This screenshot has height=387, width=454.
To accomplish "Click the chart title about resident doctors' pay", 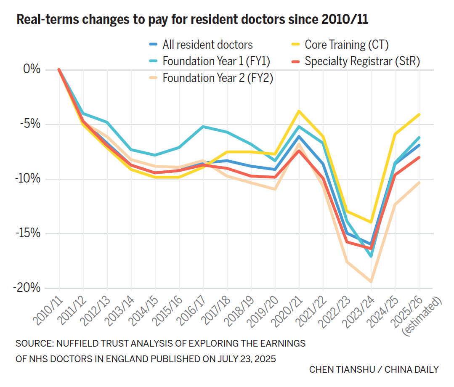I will coord(192,19).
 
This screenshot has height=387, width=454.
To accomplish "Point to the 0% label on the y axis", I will coord(32,70).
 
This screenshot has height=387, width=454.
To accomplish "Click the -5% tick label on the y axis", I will coord(30,125).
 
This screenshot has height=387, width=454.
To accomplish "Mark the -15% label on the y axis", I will coord(27,233).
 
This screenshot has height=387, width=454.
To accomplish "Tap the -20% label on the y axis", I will coord(27,288).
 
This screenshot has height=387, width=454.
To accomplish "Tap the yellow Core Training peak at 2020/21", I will coord(299,111).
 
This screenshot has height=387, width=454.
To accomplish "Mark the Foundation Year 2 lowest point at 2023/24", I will coord(371,281).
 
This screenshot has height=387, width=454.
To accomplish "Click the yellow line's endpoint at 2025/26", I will coord(419,114).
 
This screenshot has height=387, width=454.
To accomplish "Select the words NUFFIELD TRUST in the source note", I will coord(84,343).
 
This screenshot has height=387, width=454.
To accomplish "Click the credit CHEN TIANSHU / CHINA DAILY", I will coord(374,369).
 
